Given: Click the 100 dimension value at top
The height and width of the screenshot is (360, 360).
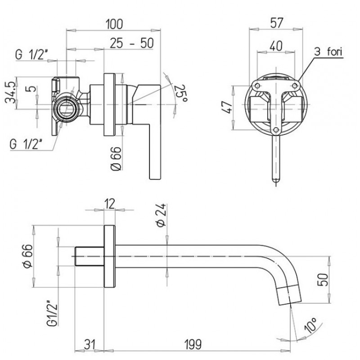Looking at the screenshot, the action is tap(114, 24).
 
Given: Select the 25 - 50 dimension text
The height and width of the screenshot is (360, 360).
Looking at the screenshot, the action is tap(131, 43).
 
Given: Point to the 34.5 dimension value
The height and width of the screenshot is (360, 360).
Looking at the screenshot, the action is tap(11, 93).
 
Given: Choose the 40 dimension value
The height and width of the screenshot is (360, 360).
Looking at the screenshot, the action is tap(276, 46).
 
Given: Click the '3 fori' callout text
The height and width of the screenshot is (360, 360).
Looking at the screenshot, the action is tap(328, 52).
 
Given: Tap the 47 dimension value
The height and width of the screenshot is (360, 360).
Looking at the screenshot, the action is tap(227, 107).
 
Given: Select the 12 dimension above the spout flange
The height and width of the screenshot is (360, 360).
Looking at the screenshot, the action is tap(110, 204).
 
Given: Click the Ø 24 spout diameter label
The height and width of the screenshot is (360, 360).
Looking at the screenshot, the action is tap(162, 215).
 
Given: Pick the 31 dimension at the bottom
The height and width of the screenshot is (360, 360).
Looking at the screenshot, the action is tap(90, 345).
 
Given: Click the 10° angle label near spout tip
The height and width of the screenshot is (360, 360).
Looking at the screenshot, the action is tap(310, 325).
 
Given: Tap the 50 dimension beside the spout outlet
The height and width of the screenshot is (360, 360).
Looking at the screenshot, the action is tap(322, 280).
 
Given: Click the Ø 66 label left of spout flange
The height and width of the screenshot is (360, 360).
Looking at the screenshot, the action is tap(28, 256).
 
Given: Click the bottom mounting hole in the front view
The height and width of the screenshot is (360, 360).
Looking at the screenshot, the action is tap(276, 130).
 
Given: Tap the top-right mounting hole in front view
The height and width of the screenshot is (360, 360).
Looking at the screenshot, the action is tap(295, 86).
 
